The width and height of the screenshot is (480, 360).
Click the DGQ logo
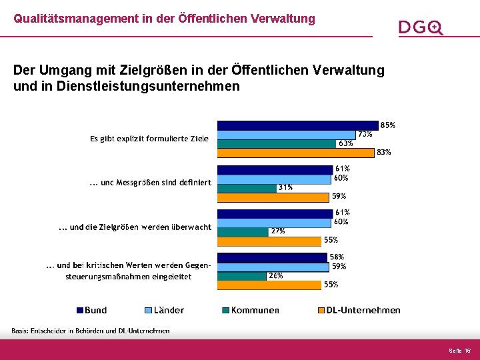(x=421, y=27)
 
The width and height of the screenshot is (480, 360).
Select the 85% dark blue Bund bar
(x=297, y=125)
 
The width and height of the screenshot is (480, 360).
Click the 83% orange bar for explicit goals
(x=295, y=152)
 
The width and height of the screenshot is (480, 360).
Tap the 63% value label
(x=345, y=143)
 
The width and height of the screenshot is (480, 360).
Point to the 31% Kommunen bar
(x=247, y=187)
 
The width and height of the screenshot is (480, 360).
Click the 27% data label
(x=277, y=231)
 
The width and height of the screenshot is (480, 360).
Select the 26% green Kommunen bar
(x=242, y=275)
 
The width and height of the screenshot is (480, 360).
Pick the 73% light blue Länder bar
(x=286, y=134)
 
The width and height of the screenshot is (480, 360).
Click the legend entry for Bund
(x=91, y=310)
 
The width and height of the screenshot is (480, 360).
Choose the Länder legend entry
(x=164, y=310)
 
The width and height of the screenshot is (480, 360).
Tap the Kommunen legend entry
(x=251, y=310)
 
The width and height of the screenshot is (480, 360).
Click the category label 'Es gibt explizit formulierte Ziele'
(x=149, y=139)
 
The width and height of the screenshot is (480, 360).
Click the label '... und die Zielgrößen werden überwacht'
(x=135, y=227)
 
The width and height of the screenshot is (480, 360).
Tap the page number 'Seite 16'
(x=459, y=350)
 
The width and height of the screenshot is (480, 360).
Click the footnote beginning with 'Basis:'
(x=90, y=331)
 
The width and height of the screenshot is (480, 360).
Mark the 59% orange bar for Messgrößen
(x=274, y=197)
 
